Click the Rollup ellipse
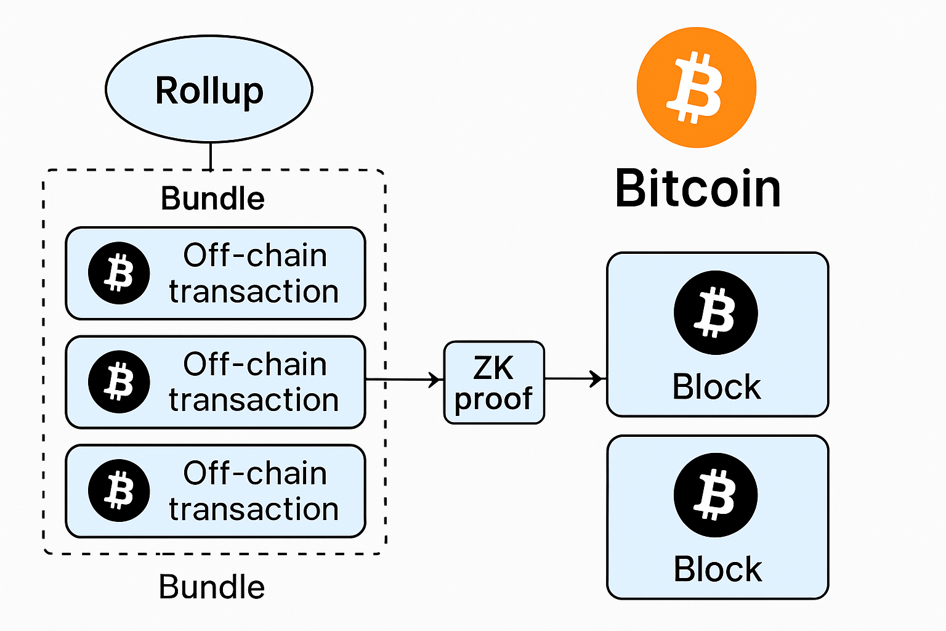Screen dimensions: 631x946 tap(209, 89)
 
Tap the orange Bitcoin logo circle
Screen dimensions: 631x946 tap(697, 88)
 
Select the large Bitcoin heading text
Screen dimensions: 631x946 tap(698, 189)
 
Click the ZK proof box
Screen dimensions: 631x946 tap(494, 383)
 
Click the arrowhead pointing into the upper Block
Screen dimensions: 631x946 tap(597, 379)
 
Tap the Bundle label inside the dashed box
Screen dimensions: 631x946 tap(212, 198)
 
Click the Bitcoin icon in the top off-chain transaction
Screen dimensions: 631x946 tap(119, 273)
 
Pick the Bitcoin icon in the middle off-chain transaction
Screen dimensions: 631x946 tap(119, 381)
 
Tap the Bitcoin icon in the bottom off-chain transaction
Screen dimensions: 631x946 tap(119, 491)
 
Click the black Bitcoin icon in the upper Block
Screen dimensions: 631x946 tap(716, 312)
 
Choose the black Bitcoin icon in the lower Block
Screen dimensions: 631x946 tap(716, 495)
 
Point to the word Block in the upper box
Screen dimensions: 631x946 tap(716, 387)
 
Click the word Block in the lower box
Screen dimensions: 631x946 tap(718, 569)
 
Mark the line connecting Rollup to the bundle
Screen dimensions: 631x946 tap(211, 156)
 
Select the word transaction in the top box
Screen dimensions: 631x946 tap(254, 291)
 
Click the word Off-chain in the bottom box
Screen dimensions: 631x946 tap(255, 473)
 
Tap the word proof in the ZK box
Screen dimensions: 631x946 tap(493, 399)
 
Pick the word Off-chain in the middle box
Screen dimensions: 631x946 tap(255, 364)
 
